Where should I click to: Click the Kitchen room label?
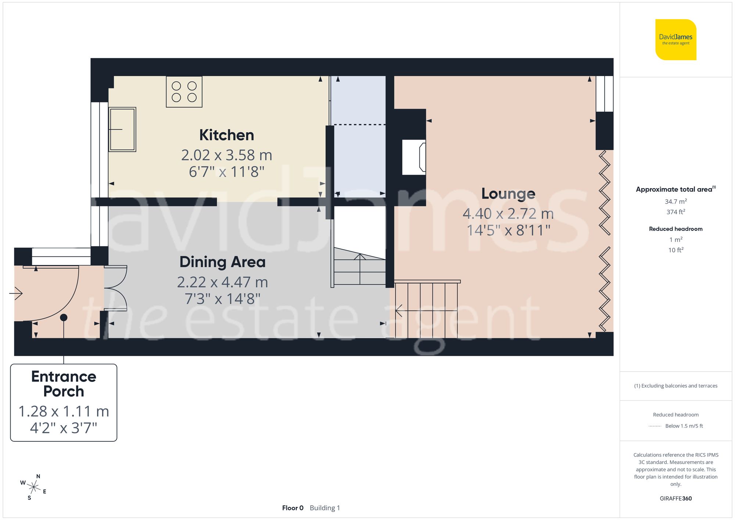pos(226,135)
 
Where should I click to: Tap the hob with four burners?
pos(184,92)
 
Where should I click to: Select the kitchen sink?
pos(122,129)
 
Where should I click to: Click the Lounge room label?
pos(508,194)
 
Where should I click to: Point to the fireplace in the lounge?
pos(414,157)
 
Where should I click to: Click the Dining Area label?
pos(222,262)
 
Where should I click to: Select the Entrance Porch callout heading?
pos(64,384)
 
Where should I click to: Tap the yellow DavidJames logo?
pos(675,40)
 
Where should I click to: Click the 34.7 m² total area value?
pos(675,201)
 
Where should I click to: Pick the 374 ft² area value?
pos(675,212)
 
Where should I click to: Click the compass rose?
pos(33,487)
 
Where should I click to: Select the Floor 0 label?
pos(293,508)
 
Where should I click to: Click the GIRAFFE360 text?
pos(675,498)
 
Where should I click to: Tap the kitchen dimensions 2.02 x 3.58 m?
pos(226,155)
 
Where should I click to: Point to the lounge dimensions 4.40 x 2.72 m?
pos(508,214)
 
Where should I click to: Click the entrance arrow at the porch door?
pos(16,293)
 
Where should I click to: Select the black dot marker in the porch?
pos(64,318)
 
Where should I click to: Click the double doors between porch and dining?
pos(116,288)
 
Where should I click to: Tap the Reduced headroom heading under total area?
pos(675,229)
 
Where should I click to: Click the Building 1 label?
pos(325,508)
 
